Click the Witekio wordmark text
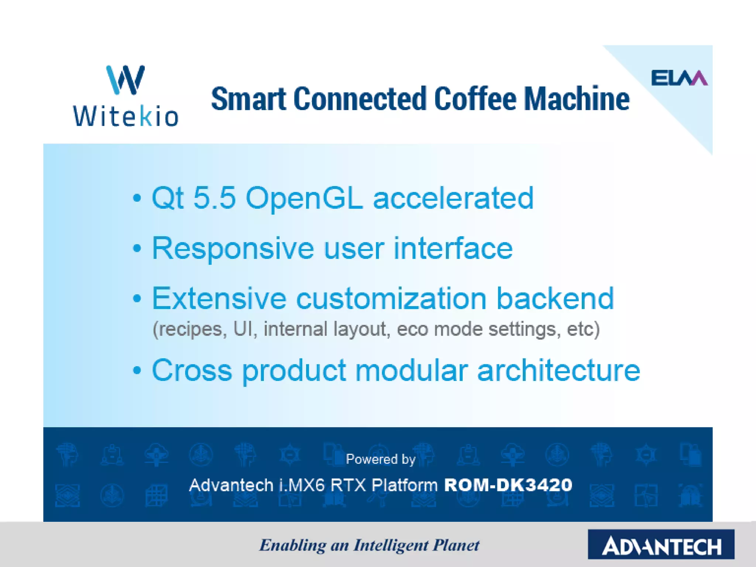pos(126,117)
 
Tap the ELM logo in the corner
pos(679,78)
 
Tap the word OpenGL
pos(304,199)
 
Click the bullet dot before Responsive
pos(137,248)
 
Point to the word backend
pos(555,298)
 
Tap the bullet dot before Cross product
pos(137,370)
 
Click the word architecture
pos(559,370)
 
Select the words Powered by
pos(381,459)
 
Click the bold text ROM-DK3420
pos(508,485)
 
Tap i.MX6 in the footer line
pos(302,485)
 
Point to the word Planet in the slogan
pos(456,545)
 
